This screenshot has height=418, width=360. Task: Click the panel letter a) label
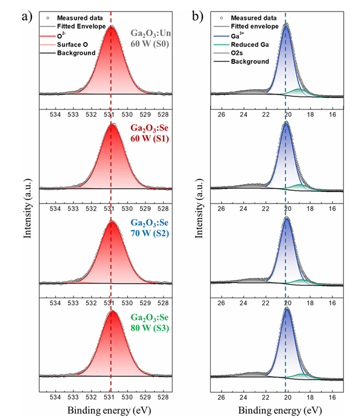pos(27,17)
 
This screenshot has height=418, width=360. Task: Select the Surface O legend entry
pos(72,45)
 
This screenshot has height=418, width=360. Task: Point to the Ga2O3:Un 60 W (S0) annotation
pos(151,39)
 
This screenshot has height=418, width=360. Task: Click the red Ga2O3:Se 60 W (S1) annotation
pos(149,133)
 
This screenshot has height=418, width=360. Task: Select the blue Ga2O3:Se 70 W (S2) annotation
pos(149,228)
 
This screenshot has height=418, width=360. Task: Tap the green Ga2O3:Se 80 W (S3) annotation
pos(150,323)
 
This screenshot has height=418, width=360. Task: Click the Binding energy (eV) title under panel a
pos(109,411)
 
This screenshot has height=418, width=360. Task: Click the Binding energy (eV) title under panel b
pos(280,411)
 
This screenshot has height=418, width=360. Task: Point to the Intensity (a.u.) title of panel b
pos(199,208)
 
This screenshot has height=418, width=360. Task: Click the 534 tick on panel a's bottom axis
pos(55,397)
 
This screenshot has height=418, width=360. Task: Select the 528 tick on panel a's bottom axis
pos(163,397)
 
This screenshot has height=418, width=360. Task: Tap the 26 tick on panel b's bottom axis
pos(221,397)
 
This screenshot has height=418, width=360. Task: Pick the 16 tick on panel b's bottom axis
pos(332,397)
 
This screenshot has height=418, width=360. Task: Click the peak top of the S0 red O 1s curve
pos(111,27)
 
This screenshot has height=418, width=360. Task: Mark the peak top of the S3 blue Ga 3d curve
pos(287,309)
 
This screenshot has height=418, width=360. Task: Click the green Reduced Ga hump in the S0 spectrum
pos(297,92)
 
